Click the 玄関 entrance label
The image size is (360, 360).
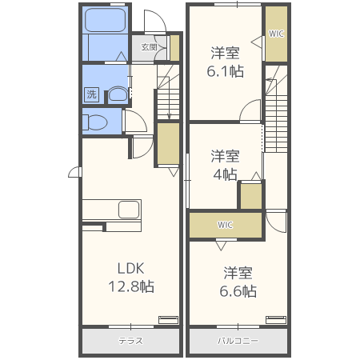click(x=149, y=47)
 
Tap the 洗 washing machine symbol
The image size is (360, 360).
click(x=92, y=94)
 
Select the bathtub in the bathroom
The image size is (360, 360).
click(x=105, y=20)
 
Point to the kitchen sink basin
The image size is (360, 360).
click(x=129, y=210)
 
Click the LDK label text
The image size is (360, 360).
click(x=131, y=268)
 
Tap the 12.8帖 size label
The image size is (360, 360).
click(x=131, y=286)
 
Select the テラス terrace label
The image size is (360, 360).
click(x=130, y=341)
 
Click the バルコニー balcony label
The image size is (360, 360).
click(x=238, y=341)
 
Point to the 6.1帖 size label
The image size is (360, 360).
click(x=226, y=71)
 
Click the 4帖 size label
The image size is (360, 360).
click(x=225, y=174)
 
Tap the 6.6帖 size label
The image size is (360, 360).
click(x=238, y=291)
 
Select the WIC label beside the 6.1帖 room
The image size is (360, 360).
click(x=276, y=34)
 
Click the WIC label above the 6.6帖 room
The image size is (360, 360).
click(x=225, y=225)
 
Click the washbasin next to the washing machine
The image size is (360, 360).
click(x=118, y=94)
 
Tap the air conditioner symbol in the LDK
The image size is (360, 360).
click(x=169, y=320)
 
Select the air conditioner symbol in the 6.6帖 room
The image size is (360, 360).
click(x=276, y=320)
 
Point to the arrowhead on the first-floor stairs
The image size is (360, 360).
click(x=169, y=117)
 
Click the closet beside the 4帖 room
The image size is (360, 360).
click(x=250, y=196)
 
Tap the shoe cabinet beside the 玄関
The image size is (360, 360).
click(x=174, y=48)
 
